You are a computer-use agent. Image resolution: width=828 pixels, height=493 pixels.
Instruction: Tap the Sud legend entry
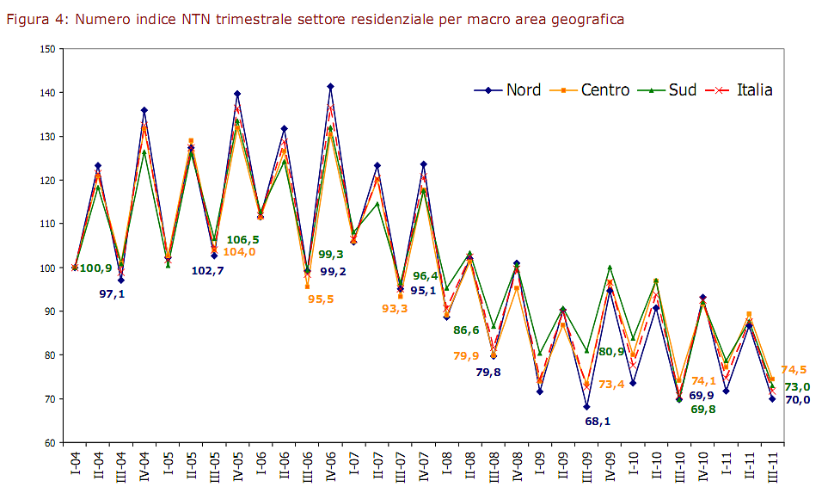coord(674,90)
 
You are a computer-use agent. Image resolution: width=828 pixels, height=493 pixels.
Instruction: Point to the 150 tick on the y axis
coord(47,49)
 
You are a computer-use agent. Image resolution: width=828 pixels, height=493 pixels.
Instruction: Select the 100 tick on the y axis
coord(47,268)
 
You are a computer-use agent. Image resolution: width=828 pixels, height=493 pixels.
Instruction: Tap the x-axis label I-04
coord(76,465)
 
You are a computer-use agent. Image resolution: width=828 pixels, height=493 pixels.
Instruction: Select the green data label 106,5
coord(242,239)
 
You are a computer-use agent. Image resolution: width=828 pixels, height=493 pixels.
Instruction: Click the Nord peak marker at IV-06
coord(331,86)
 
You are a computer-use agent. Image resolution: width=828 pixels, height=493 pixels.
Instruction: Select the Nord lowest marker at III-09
coord(586,407)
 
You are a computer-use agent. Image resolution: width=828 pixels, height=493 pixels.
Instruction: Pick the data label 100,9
coord(96,268)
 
